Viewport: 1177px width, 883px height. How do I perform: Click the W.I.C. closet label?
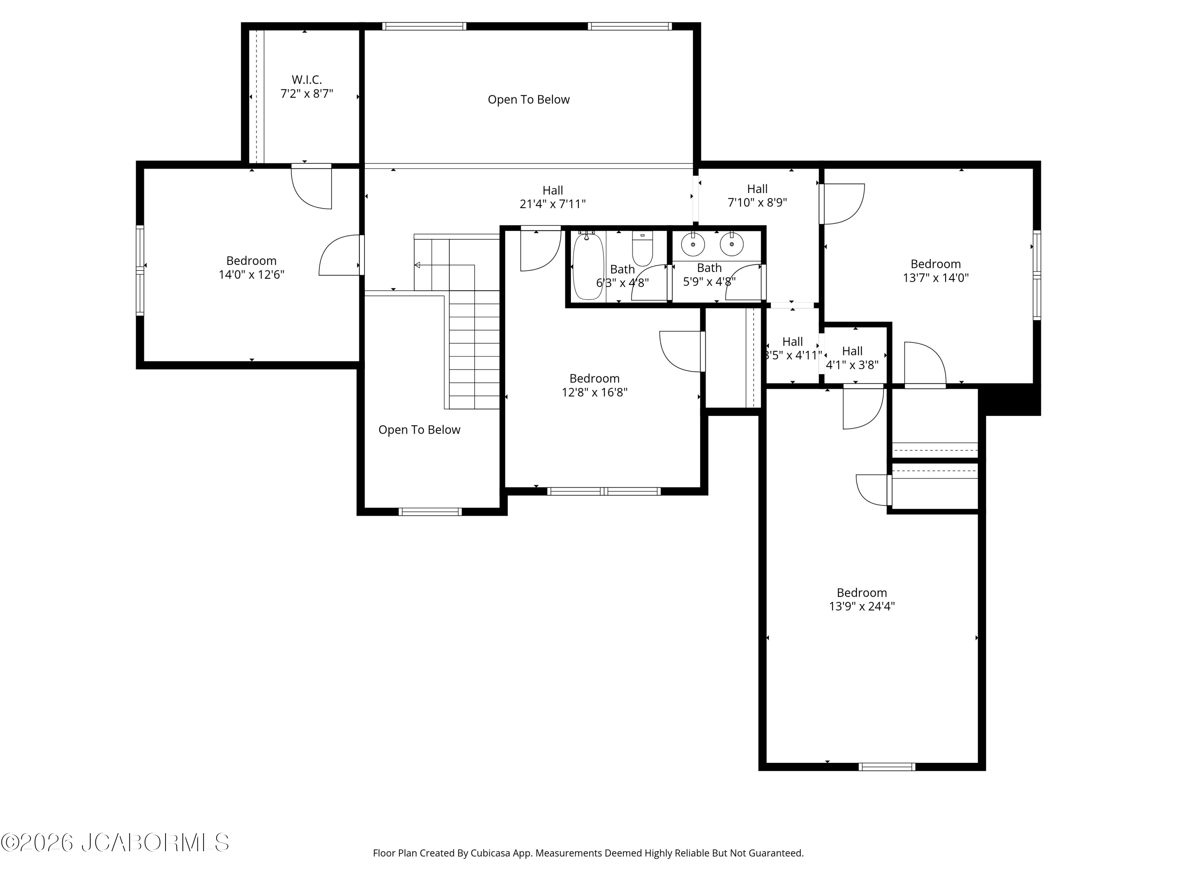tap(306, 80)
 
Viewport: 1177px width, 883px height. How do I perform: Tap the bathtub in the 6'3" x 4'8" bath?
tap(588, 266)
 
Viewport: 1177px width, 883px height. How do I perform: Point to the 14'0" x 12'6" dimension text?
tap(252, 275)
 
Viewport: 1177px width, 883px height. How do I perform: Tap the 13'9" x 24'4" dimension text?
tap(862, 606)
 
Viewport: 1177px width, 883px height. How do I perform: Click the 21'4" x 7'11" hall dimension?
tap(553, 204)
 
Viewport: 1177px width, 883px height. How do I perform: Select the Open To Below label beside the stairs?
tap(419, 430)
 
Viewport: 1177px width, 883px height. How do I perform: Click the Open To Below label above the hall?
tap(529, 100)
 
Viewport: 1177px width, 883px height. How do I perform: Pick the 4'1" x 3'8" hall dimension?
tap(852, 365)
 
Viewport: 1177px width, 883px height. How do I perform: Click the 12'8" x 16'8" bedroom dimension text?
tap(595, 392)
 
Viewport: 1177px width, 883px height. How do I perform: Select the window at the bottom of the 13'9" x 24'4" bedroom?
tap(887, 767)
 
